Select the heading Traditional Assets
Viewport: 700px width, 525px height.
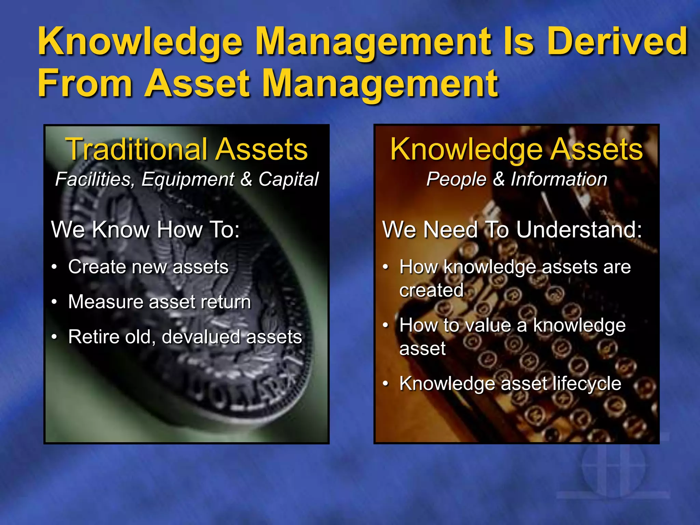(187, 149)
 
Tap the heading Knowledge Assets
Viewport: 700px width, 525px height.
(516, 149)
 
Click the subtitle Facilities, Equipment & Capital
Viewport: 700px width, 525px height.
(187, 179)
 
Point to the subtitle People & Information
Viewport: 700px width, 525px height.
(516, 179)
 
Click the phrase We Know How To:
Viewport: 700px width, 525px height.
(145, 229)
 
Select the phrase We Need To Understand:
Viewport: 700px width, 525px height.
(512, 229)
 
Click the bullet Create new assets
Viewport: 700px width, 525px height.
(148, 267)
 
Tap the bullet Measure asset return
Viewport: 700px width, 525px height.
(159, 302)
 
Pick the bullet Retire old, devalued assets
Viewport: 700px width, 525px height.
(185, 337)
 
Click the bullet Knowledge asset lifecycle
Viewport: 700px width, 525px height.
(510, 383)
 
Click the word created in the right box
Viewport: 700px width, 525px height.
(431, 290)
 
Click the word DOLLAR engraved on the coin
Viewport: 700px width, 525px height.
(239, 393)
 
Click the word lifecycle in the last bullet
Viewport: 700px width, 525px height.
(587, 383)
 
